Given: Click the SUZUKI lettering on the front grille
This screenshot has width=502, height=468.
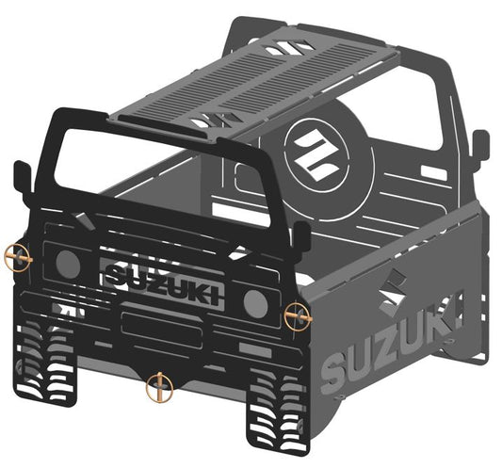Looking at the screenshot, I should point(163,280).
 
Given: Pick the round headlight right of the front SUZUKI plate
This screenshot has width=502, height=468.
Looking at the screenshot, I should point(255,302).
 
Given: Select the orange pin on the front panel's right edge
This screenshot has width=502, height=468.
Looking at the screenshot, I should point(298,316).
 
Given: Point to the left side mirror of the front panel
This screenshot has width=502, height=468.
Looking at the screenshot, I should point(22,176).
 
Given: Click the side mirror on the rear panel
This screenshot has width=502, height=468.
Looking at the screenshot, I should point(479,145).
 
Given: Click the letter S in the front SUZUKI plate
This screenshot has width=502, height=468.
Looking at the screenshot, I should point(116,274).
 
